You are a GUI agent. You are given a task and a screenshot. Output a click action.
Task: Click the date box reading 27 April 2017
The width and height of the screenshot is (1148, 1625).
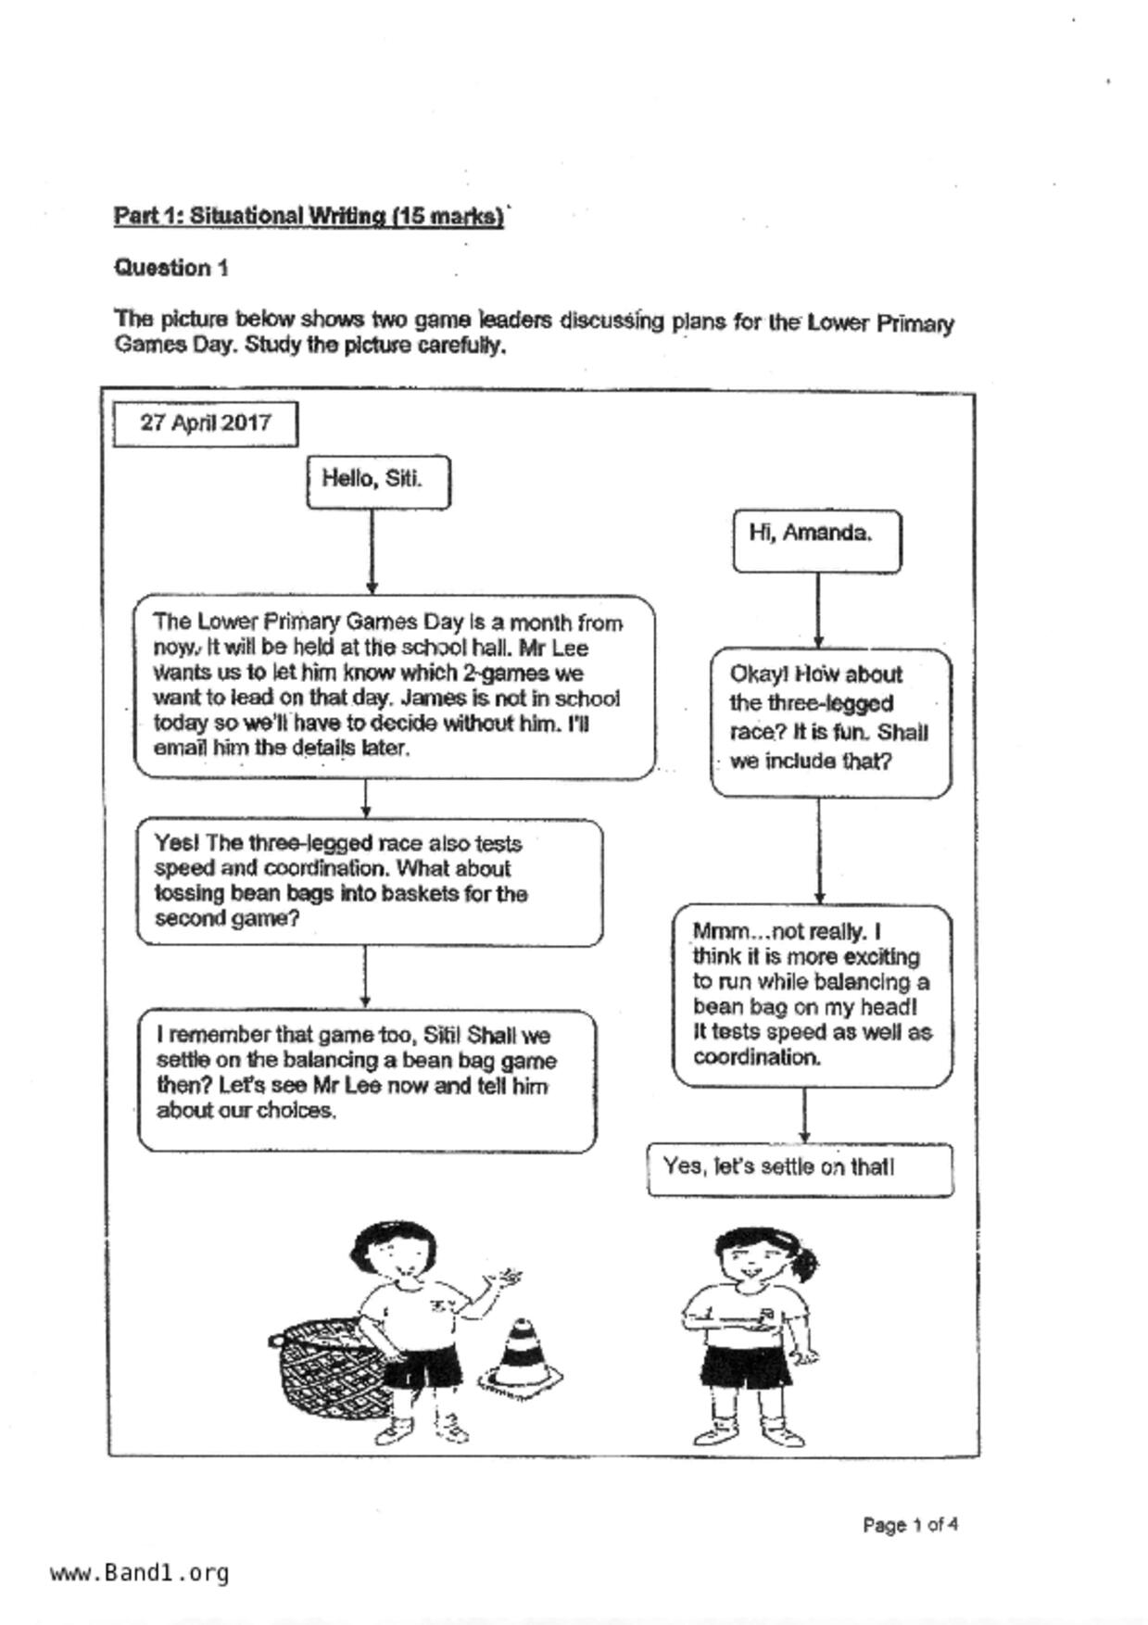point(205,423)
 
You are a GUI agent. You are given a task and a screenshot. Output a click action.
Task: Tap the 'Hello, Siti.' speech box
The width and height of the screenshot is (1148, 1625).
point(378,481)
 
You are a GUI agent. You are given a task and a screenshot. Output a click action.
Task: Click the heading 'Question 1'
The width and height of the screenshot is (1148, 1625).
point(171,268)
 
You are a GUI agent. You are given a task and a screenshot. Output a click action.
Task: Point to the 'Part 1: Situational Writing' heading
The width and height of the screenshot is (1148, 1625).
point(309,216)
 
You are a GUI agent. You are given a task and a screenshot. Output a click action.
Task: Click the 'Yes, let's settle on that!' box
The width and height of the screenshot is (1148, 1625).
point(799,1168)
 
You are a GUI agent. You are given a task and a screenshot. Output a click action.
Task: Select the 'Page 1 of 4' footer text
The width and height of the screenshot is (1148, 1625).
point(909,1524)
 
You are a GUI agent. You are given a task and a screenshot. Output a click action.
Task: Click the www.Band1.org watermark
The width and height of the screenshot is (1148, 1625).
point(139,1573)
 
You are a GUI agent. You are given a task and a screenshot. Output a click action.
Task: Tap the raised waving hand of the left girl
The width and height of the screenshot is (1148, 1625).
point(504,1279)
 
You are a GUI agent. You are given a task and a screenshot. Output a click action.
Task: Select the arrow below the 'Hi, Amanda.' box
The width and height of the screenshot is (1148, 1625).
point(817,611)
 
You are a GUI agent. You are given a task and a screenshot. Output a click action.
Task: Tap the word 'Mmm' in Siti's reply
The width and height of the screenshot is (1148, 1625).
point(719,931)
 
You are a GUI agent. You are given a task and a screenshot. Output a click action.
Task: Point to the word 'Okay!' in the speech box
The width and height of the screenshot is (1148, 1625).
point(756,674)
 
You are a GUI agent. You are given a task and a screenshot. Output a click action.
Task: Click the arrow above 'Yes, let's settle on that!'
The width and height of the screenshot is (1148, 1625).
point(804,1115)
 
